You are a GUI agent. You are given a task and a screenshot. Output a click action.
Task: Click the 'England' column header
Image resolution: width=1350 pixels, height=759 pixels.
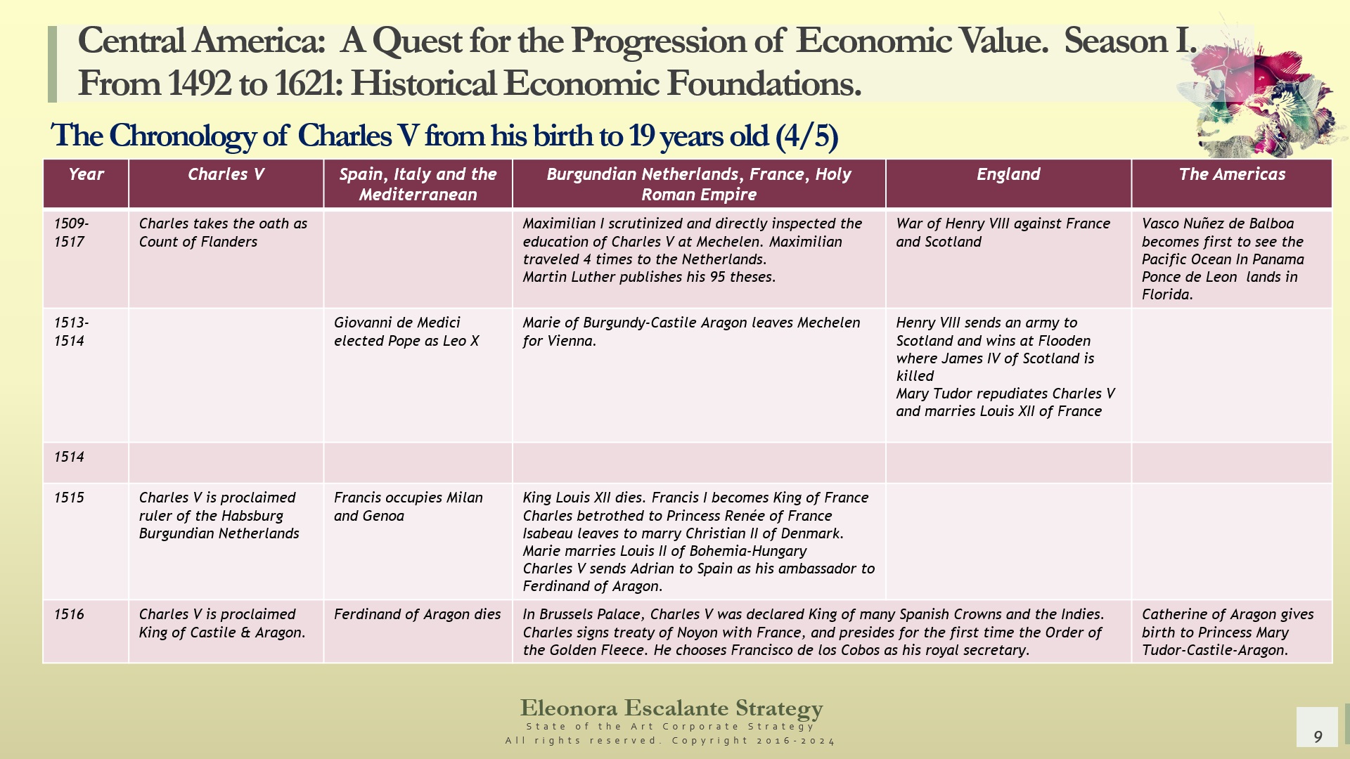pos(1008,174)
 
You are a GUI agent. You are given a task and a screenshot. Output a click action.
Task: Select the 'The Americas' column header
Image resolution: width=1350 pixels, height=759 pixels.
pos(1231,174)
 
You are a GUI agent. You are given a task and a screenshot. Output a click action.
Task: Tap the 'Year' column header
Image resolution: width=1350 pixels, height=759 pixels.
pos(86,174)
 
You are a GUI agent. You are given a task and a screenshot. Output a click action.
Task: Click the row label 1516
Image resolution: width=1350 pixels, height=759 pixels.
pos(69,614)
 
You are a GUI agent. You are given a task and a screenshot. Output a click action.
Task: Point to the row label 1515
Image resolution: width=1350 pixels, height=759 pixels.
pos(69,498)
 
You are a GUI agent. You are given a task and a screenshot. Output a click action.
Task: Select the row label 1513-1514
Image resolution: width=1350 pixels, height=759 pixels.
pos(71,332)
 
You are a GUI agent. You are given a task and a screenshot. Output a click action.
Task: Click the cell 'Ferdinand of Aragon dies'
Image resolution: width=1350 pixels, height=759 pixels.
pos(417,614)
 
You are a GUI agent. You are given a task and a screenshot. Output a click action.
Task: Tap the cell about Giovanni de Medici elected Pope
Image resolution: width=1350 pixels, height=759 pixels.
pos(406,332)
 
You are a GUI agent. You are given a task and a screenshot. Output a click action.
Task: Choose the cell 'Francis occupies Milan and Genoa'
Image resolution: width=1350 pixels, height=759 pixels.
pos(408,507)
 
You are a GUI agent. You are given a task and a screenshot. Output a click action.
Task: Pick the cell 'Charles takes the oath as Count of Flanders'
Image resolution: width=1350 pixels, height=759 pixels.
pos(223,233)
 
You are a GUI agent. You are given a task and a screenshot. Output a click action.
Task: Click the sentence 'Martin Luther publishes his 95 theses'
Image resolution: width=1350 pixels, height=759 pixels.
pos(649,277)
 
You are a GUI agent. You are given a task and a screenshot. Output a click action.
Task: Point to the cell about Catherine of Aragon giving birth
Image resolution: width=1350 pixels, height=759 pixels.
pos(1227,632)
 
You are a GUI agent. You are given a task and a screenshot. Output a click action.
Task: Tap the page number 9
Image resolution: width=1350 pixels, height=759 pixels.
pos(1318,737)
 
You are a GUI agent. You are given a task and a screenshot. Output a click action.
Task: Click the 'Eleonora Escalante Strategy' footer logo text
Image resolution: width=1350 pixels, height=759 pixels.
pos(671,708)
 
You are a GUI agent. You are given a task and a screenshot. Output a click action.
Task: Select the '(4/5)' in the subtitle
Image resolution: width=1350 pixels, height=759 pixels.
pos(806,136)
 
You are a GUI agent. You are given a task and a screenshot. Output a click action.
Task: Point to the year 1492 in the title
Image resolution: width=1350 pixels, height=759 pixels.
pos(199,84)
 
